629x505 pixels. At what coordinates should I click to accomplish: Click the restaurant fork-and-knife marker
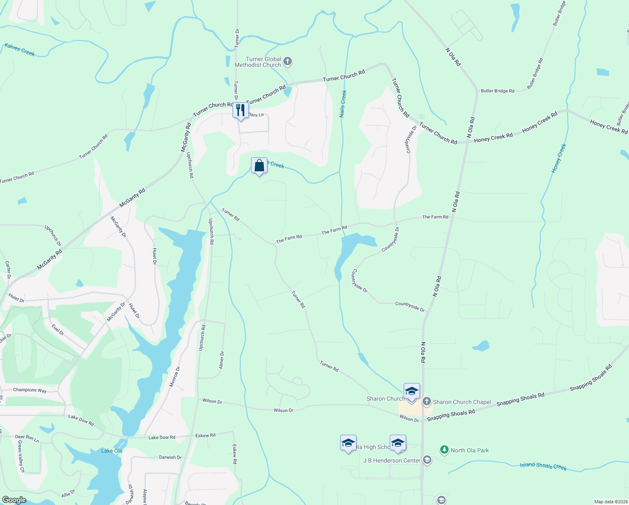(x=240, y=111)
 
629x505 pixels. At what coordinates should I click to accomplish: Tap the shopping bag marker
(x=259, y=166)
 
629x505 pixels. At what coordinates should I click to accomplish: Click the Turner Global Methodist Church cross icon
(x=288, y=62)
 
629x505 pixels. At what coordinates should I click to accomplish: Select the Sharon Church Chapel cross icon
(x=427, y=402)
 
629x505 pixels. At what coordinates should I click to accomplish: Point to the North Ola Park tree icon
(x=444, y=450)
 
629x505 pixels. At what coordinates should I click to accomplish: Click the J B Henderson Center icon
(x=427, y=460)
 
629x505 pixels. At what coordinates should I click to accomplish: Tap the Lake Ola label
(x=112, y=451)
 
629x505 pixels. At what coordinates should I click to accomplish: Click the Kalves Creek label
(x=20, y=49)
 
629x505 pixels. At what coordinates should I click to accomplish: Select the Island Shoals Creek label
(x=543, y=466)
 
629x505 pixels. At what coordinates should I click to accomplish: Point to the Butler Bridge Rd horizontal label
(x=497, y=91)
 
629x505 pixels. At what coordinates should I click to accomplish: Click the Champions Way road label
(x=30, y=390)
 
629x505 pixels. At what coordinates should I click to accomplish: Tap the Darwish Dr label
(x=170, y=457)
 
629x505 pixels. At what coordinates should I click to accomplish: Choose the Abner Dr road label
(x=222, y=360)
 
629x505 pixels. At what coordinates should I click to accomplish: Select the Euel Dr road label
(x=58, y=330)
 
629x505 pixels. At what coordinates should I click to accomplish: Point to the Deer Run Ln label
(x=27, y=438)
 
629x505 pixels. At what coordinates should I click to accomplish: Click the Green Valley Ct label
(x=21, y=457)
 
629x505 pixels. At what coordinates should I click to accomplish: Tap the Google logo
(x=14, y=500)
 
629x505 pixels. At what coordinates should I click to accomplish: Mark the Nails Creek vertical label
(x=343, y=104)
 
